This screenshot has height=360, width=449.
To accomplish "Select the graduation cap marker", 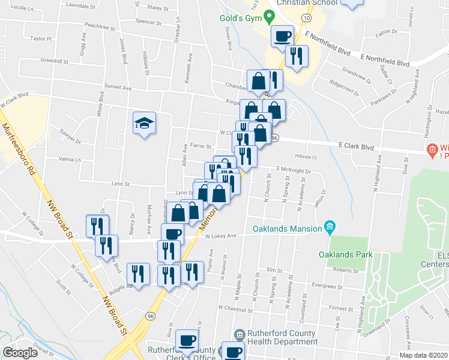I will (x=144, y=124).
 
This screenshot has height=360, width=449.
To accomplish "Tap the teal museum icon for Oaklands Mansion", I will (x=329, y=226).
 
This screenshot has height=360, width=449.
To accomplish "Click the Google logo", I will (x=20, y=353).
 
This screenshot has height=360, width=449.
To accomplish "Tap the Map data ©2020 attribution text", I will (x=424, y=355).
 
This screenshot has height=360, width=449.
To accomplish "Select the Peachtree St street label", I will (x=100, y=27).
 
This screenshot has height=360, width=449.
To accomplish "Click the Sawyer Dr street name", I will (x=70, y=136).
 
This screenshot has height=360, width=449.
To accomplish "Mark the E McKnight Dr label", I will (x=294, y=170).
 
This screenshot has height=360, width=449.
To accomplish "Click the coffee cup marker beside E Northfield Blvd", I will (x=282, y=37).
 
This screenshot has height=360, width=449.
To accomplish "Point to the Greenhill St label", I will (x=55, y=61).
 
